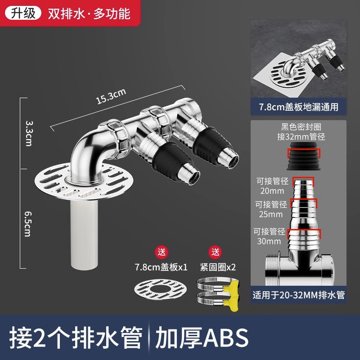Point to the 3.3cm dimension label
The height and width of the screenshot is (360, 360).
click(x=28, y=133)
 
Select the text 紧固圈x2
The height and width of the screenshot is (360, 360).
click(x=218, y=267)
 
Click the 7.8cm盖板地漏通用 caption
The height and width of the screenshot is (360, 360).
click(x=299, y=107)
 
